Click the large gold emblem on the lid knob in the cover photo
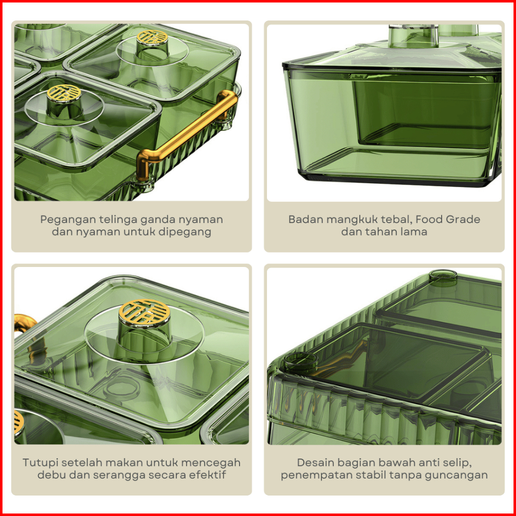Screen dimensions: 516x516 [144, 312]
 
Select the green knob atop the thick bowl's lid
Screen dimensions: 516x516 [413, 36]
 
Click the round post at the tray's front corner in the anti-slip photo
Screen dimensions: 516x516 [300, 361]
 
